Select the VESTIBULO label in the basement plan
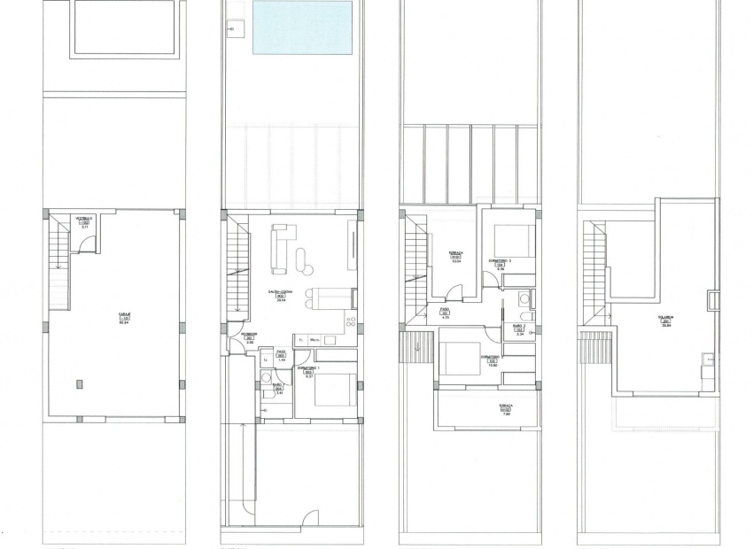(84, 218)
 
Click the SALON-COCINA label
(282, 291)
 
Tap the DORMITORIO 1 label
(308, 367)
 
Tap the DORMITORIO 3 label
(501, 260)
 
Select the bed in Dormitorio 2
(460, 358)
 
